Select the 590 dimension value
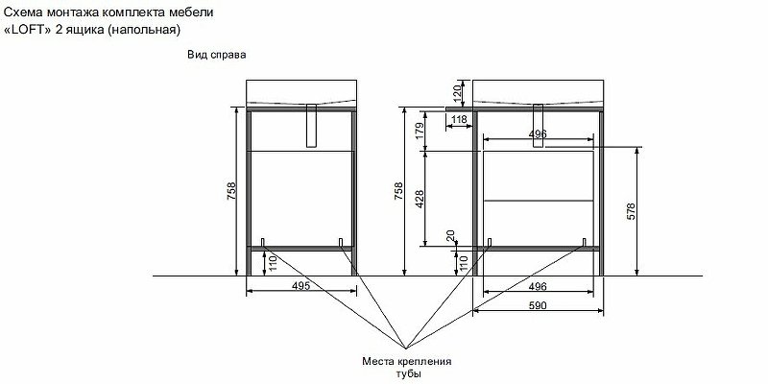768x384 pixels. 538,304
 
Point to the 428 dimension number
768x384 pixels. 419,198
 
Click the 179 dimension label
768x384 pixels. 419,131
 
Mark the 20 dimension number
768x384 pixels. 448,236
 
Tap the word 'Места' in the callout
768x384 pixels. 379,362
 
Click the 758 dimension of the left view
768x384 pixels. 231,191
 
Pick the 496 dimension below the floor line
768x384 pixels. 538,285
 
